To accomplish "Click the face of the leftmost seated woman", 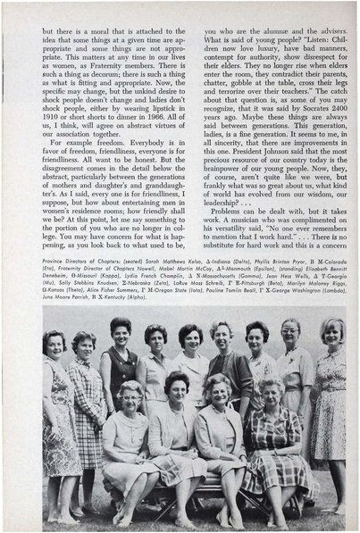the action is pyautogui.click(x=130, y=396).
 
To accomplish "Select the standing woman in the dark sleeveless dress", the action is pyautogui.click(x=120, y=366).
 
